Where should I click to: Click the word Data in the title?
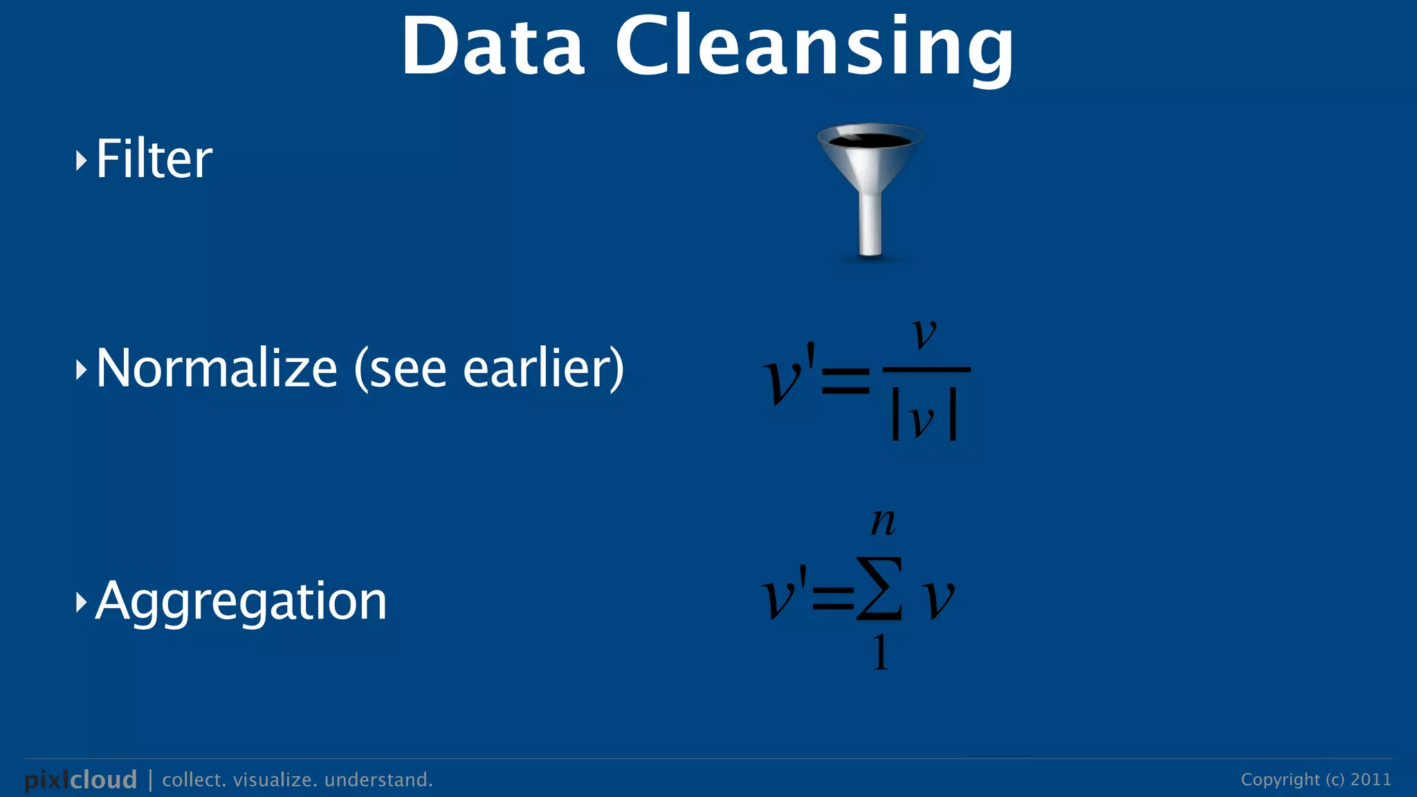pyautogui.click(x=493, y=47)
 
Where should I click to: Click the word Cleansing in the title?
pyautogui.click(x=814, y=47)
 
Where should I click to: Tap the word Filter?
pyautogui.click(x=154, y=159)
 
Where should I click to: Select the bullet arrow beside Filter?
pyautogui.click(x=81, y=161)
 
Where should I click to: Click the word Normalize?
pyautogui.click(x=216, y=368)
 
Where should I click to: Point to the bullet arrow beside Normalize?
pyautogui.click(x=81, y=370)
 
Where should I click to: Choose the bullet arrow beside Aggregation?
pyautogui.click(x=81, y=603)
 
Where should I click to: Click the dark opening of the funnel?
pyautogui.click(x=870, y=140)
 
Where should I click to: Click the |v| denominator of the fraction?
pyautogui.click(x=924, y=419)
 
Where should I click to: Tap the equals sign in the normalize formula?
pyautogui.click(x=845, y=381)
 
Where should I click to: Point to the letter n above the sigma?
pyautogui.click(x=883, y=522)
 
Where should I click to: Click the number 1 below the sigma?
pyautogui.click(x=880, y=652)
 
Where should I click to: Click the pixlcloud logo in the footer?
pyautogui.click(x=81, y=780)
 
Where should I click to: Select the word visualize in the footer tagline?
pyautogui.click(x=275, y=780)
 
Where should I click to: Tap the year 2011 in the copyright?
pyautogui.click(x=1371, y=780)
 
